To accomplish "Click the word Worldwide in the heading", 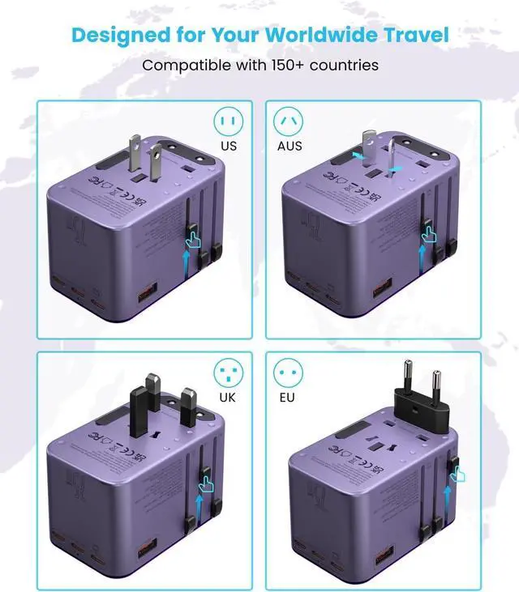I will [x=313, y=35].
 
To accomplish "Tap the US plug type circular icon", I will [x=229, y=122].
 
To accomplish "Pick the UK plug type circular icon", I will [x=229, y=373].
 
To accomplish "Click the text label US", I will [x=229, y=147].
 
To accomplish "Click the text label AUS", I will [x=289, y=147].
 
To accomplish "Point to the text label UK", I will [x=229, y=398].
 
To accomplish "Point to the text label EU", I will [x=288, y=398].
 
